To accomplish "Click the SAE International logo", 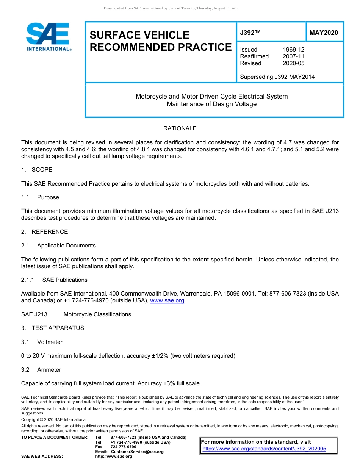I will click(48, 37).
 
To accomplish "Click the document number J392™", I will click(250, 33).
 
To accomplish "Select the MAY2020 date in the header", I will click(324, 33).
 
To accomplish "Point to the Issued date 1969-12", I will click(293, 50).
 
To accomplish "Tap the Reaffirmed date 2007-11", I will click(293, 56).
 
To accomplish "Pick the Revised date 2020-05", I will click(293, 63).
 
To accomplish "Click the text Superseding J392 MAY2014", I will click(277, 77).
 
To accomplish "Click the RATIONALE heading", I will click(180, 128).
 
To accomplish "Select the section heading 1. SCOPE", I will click(37, 170).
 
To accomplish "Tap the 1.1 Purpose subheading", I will click(40, 197).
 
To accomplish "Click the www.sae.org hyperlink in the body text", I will click(167, 301).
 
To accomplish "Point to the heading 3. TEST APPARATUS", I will click(53, 328).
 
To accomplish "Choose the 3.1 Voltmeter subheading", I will click(42, 342).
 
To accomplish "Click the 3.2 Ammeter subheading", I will click(41, 370).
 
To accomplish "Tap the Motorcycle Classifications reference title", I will click(97, 314).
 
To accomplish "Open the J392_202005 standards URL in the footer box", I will click(264, 449).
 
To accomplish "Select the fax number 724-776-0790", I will click(123, 447).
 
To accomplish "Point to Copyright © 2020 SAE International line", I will click(54, 419).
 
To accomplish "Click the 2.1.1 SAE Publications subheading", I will click(54, 280).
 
